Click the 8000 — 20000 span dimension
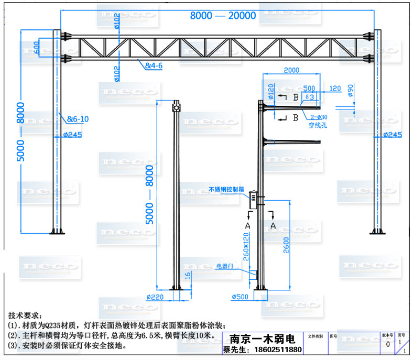tap(223, 16)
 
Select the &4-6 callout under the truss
tap(154, 66)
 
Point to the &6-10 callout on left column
tap(78, 119)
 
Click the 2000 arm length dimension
tap(291, 70)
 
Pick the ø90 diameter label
tap(351, 90)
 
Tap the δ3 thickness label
tap(309, 97)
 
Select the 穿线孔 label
tap(318, 125)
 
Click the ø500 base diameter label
tap(240, 298)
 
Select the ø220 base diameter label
tap(155, 297)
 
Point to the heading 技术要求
tap(24, 316)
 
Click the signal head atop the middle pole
tap(176, 107)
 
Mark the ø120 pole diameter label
tap(270, 92)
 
